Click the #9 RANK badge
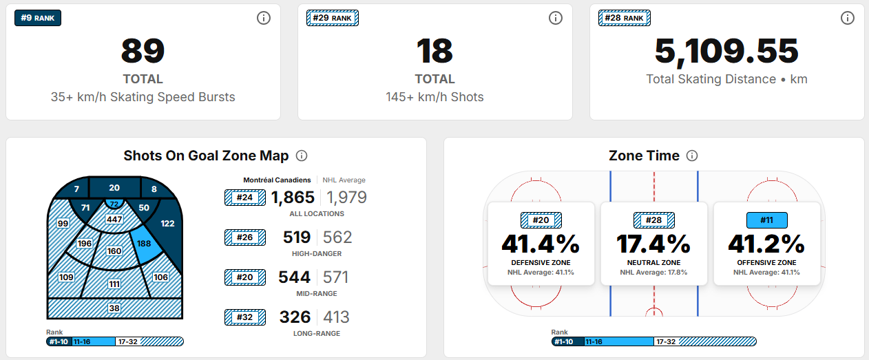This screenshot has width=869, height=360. tap(38, 18)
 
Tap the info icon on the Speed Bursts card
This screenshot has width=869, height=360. tap(264, 18)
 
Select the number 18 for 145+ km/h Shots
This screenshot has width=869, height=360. tap(434, 51)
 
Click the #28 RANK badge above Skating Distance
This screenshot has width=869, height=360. tap(625, 18)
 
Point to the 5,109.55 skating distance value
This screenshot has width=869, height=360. tap(726, 51)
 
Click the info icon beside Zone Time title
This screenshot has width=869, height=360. tap(692, 156)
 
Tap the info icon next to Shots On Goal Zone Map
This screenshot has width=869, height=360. tap(301, 156)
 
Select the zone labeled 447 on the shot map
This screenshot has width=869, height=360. tap(114, 220)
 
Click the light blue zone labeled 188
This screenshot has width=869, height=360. tap(144, 244)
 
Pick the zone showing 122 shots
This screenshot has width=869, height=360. tap(167, 224)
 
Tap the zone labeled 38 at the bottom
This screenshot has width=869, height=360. tap(114, 309)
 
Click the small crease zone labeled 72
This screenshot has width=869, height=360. tap(114, 204)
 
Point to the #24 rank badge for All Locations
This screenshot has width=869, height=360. tap(244, 198)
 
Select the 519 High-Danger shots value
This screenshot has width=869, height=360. tap(296, 237)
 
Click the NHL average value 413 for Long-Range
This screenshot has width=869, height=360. tap(337, 317)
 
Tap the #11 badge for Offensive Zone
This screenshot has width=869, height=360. tap(767, 220)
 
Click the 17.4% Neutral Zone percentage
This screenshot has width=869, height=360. tap(654, 244)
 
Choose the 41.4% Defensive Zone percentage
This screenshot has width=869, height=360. tap(541, 244)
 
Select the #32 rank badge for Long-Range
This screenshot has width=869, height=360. tap(244, 317)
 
